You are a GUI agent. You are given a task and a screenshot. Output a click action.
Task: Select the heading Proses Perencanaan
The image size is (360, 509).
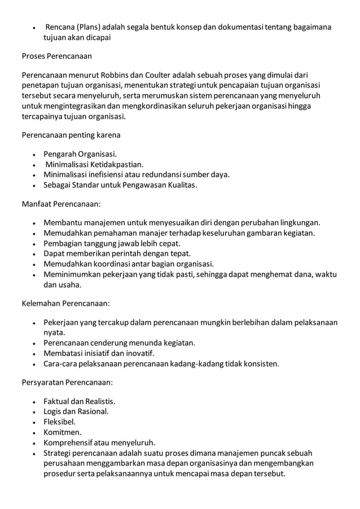click(56, 57)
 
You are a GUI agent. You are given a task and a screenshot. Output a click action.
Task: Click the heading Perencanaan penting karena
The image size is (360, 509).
click(71, 135)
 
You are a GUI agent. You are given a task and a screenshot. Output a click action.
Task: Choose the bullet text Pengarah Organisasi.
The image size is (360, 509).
click(81, 154)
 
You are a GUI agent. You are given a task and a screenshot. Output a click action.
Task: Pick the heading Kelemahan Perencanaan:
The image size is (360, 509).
click(65, 303)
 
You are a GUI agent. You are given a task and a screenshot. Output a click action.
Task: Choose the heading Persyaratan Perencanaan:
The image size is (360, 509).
click(67, 382)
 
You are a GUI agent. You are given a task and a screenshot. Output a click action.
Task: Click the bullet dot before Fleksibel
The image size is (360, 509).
click(36, 422)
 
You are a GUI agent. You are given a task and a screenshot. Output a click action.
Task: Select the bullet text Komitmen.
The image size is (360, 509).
click(62, 432)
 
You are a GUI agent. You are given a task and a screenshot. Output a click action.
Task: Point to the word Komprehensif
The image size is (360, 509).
click(70, 442)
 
